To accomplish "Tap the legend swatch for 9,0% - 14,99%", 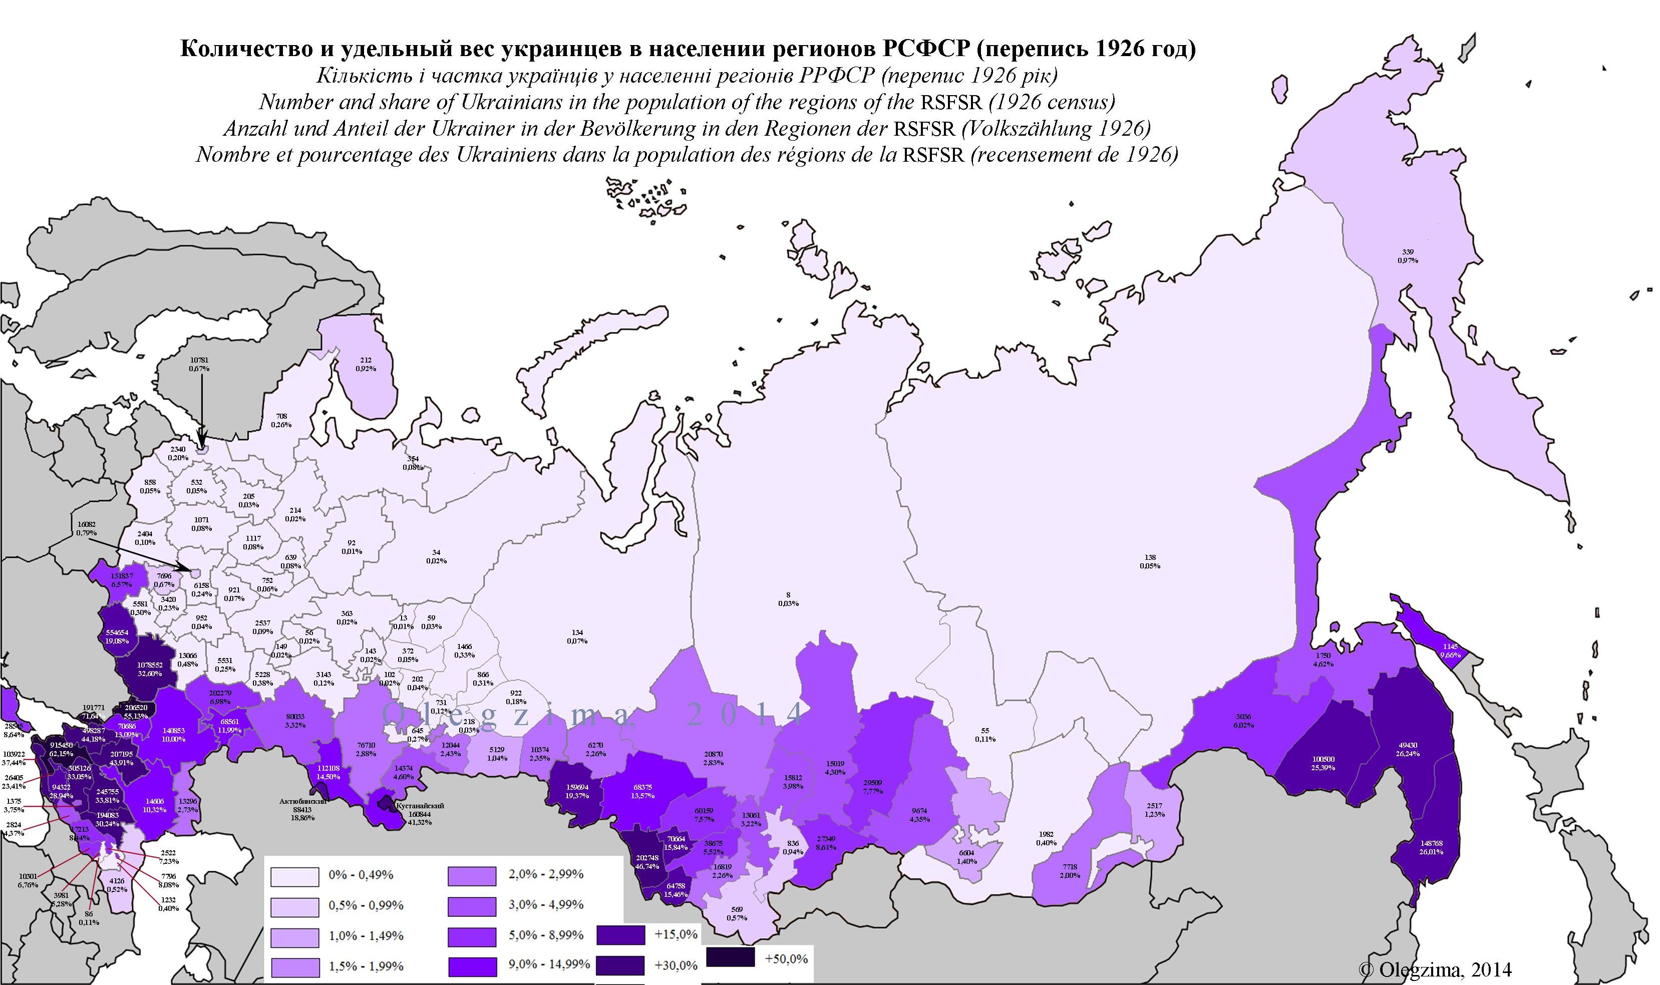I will pos(472,966).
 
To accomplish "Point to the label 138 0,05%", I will pos(1150,561).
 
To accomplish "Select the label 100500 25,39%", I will pos(1305,763).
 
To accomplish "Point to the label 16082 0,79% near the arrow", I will pos(86,528).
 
